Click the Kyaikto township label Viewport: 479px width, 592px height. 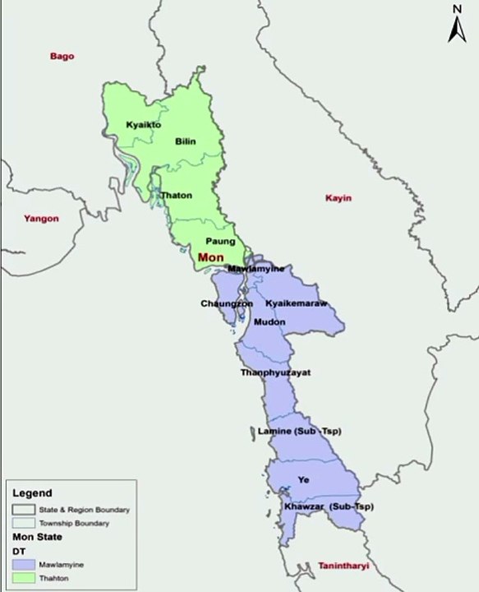coord(143,125)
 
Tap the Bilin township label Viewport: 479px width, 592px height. coord(186,141)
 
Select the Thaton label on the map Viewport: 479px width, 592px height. coord(176,195)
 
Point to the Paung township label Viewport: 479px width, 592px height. coord(220,241)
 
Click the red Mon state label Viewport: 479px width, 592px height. coord(211,257)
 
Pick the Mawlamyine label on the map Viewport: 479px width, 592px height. coord(256,269)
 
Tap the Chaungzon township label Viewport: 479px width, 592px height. coord(227,303)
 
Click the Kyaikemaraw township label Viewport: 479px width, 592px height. coord(296,303)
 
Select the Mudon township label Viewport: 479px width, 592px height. coord(269,321)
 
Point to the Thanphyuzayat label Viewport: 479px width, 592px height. coord(275,372)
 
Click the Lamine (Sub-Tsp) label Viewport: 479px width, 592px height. coord(300,431)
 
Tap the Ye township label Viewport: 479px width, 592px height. coord(303,479)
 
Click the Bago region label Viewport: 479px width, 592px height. coord(62,56)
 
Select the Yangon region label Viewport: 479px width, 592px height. coord(41,219)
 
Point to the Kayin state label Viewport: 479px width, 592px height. coord(338,198)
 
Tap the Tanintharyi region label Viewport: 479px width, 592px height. coord(343,567)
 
